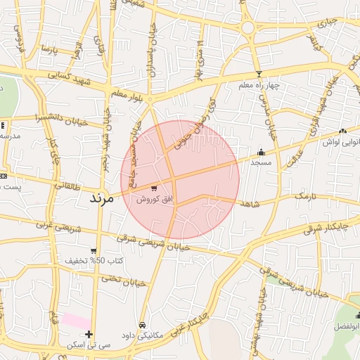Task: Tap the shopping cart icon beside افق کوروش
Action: coord(153,188)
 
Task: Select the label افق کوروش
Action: coord(151,200)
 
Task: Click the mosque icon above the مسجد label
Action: coord(262,151)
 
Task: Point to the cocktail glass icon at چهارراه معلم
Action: coord(259,74)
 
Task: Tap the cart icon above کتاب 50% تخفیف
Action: coord(94,251)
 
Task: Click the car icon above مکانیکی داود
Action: coord(143,326)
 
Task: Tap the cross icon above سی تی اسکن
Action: coord(89,334)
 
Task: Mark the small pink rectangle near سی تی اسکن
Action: coord(76,320)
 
